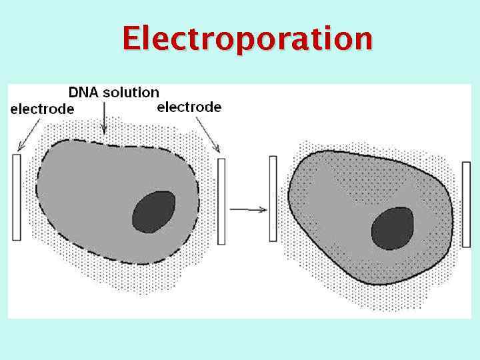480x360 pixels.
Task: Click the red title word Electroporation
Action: (x=247, y=38)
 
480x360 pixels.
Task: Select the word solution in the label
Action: (x=130, y=93)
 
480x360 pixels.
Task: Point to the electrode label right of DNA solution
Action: (x=189, y=107)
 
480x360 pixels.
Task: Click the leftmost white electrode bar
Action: (x=17, y=197)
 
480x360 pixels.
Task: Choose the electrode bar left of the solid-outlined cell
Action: (x=273, y=198)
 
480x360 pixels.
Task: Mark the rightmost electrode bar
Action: (x=467, y=204)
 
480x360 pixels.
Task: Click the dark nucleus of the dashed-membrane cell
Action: (x=154, y=212)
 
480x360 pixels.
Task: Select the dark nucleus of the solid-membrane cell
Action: (x=393, y=228)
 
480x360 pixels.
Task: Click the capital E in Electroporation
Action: (x=131, y=38)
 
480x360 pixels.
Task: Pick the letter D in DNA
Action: (x=74, y=93)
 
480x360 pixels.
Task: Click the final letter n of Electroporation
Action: (x=363, y=40)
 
